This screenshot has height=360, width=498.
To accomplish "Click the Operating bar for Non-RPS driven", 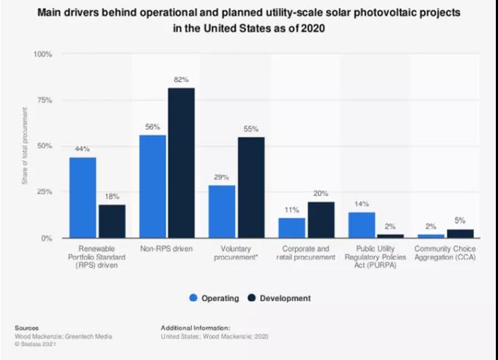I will click(152, 187).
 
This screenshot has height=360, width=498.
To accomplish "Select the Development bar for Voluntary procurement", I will click(250, 187).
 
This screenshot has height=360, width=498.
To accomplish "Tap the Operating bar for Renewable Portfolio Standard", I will click(83, 198).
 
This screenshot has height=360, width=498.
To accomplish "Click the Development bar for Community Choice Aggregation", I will click(459, 233).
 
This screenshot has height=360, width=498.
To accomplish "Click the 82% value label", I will click(181, 79).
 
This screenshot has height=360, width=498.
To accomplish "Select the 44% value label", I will click(83, 149).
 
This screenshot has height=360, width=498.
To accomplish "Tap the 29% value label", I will click(222, 176).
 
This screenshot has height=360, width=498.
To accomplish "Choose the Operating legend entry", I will click(217, 298).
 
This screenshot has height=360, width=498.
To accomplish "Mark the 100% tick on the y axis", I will click(42, 54).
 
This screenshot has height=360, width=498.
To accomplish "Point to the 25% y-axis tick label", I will click(43, 192).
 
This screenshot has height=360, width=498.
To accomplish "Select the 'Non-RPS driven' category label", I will click(166, 249).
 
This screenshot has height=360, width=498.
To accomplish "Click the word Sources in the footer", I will click(26, 328).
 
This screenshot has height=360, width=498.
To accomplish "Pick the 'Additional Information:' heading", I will click(195, 328).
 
